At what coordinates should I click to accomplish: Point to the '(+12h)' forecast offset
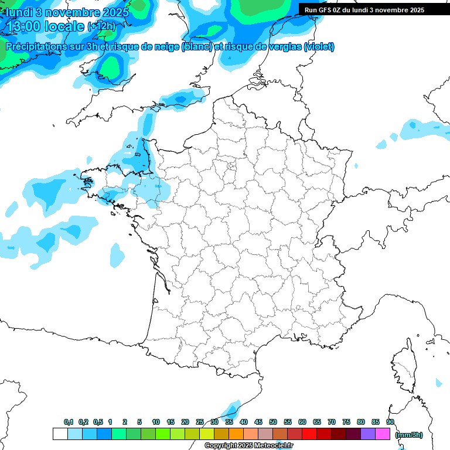pos(102,26)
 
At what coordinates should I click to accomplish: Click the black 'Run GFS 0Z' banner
pos(365,9)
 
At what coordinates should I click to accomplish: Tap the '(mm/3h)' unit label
pos(408,434)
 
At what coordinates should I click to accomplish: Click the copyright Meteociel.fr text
pos(248,445)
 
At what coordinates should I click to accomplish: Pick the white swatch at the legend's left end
pos(60,434)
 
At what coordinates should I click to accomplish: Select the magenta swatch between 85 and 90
pos(383,434)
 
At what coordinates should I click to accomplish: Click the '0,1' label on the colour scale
pos(69,422)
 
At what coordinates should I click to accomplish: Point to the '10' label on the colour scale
pos(156,422)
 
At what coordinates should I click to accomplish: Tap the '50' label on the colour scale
pos(273,422)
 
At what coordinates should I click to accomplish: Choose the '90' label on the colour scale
pos(390,422)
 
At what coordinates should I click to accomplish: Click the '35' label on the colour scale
pos(229,422)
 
